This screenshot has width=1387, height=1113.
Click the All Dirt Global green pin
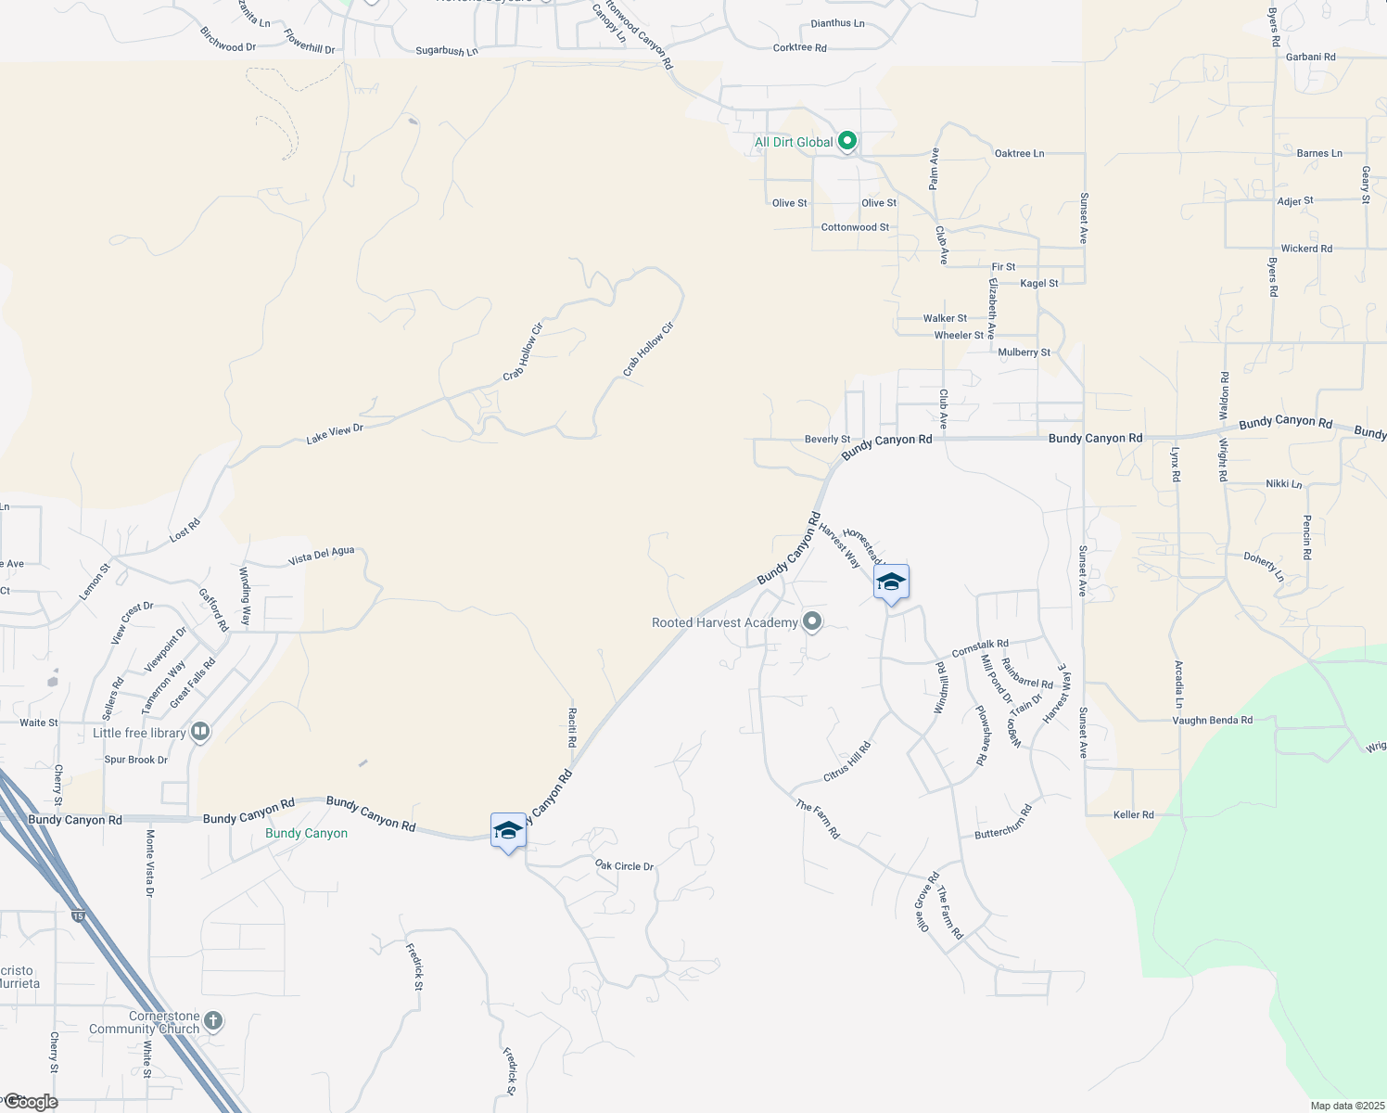(846, 142)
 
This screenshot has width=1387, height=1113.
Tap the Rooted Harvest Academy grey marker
(812, 621)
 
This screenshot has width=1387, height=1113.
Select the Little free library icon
(200, 733)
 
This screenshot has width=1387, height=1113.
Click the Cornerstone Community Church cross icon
(213, 1022)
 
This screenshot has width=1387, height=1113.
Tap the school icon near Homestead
(891, 582)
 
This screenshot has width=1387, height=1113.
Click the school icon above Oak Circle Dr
(508, 831)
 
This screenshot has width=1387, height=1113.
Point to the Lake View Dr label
(335, 433)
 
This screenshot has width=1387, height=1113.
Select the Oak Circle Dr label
(624, 865)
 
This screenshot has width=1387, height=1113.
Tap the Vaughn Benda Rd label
(1212, 720)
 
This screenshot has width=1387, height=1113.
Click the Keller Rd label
(1133, 814)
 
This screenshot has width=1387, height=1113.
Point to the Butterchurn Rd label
(1003, 822)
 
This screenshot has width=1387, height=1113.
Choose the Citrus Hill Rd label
(847, 761)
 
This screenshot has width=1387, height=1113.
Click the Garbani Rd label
(1310, 57)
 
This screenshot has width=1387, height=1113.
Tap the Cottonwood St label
(855, 227)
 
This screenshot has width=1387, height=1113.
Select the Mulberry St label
(1024, 352)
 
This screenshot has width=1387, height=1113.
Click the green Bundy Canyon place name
(306, 833)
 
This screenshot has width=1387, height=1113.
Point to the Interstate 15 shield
(79, 916)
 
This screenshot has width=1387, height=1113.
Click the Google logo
(30, 1102)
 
